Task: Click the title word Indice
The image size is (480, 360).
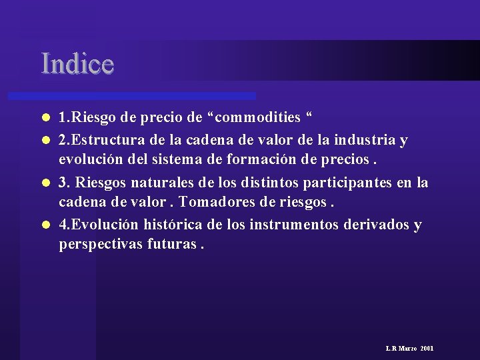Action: tap(77, 63)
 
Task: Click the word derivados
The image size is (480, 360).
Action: tap(376, 224)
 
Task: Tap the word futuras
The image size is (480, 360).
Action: tap(171, 245)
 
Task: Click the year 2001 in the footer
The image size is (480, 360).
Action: tap(427, 349)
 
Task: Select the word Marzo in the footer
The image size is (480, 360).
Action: tap(408, 349)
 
